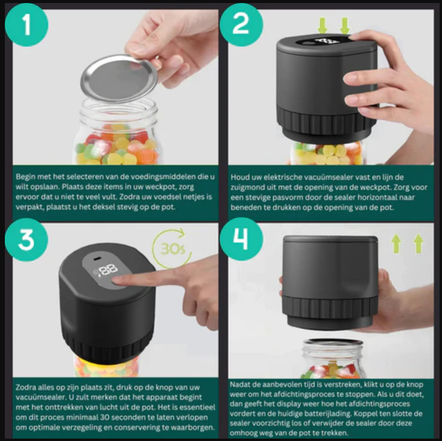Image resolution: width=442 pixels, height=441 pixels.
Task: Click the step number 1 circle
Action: [27, 25]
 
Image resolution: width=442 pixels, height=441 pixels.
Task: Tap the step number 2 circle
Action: [242, 25]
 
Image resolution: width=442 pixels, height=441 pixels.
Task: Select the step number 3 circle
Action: [27, 240]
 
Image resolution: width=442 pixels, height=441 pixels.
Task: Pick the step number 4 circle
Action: [242, 240]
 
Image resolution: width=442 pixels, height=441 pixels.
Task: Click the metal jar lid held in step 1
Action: [118, 78]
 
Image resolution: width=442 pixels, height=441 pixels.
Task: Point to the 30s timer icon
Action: [171, 249]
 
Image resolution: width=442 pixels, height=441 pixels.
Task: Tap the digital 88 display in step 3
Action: [109, 270]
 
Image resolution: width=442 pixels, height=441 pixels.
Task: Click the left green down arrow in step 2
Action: [322, 25]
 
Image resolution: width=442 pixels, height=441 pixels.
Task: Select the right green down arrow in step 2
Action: [345, 25]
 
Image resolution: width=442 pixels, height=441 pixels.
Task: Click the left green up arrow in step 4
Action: [396, 243]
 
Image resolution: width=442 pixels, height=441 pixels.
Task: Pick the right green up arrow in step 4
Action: [418, 243]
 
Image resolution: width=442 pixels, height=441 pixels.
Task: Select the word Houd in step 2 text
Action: [239, 177]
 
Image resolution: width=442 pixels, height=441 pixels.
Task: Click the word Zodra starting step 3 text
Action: [24, 387]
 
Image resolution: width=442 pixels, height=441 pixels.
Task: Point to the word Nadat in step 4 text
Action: [239, 385]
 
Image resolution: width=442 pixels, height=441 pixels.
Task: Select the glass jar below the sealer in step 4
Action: [333, 359]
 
